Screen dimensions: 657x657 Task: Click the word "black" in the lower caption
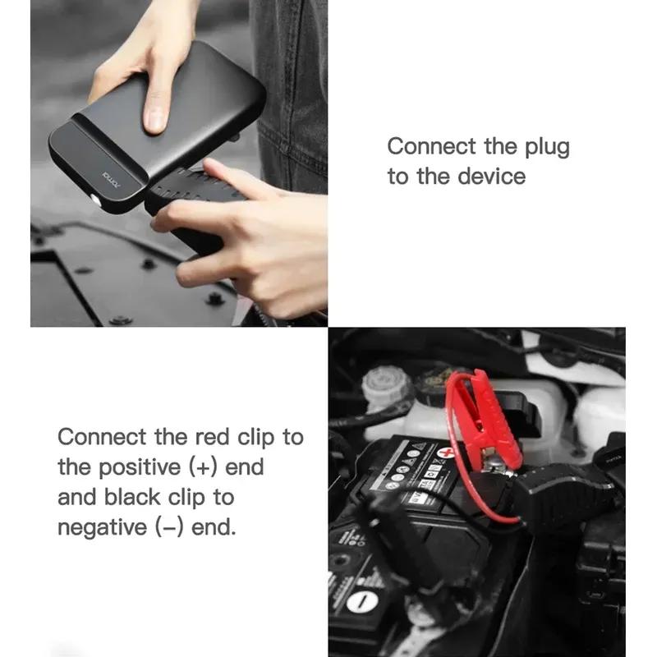[145, 497]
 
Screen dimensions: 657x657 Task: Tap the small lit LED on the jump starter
[95, 200]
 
